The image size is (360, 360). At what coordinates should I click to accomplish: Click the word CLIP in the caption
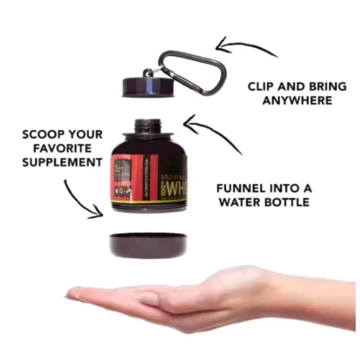click(x=263, y=86)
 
